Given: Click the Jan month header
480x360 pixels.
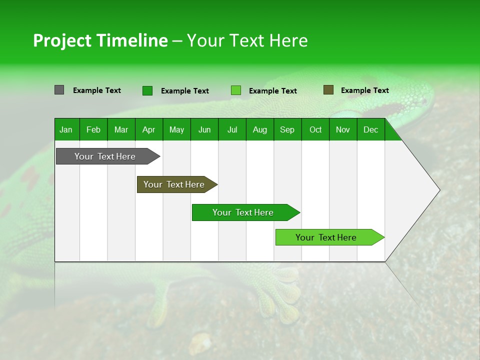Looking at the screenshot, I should click(66, 130).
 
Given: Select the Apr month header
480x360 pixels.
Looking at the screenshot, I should click(149, 130).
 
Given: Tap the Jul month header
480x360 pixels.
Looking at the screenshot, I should click(232, 130).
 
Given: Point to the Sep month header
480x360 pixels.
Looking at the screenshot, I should click(287, 130).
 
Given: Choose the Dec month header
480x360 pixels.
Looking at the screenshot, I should click(370, 130).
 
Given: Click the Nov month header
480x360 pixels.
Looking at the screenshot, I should click(343, 130).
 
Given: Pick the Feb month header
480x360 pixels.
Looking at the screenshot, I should click(93, 130).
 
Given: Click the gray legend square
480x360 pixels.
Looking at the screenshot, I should click(59, 90).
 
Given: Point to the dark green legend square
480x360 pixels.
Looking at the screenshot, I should click(147, 90).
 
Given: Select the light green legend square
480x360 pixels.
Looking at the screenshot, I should click(235, 90).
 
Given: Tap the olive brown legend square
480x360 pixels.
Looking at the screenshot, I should click(328, 90).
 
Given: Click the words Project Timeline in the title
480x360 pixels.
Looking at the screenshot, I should click(100, 40).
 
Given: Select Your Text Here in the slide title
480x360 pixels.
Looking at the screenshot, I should click(247, 40).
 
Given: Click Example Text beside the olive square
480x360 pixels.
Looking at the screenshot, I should click(364, 90).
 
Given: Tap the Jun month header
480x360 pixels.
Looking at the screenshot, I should click(204, 130).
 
